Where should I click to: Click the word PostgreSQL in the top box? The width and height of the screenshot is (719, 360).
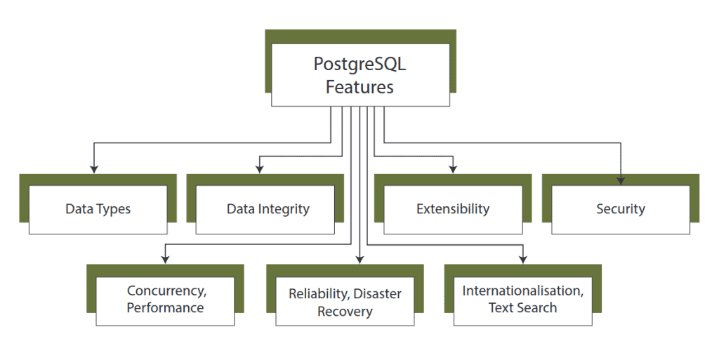coord(359,65)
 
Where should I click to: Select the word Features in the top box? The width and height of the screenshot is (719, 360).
coord(359,87)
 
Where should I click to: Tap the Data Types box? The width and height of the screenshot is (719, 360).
coord(98,209)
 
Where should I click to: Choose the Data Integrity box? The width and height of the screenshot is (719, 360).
coord(268,209)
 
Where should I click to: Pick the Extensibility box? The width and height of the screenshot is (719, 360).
coord(453,209)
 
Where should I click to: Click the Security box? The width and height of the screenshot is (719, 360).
coord(621,209)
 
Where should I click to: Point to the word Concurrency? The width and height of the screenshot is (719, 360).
coord(166,291)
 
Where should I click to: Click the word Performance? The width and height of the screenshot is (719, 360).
coord(166,308)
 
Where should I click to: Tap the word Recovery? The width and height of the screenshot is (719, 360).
coord(345,312)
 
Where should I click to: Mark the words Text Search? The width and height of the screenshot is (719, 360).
coord(522,308)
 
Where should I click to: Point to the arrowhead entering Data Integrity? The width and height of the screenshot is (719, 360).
coord(260,168)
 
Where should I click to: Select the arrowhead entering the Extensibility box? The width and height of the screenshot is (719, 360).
coord(454,168)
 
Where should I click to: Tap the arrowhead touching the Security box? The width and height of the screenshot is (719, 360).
coord(621,180)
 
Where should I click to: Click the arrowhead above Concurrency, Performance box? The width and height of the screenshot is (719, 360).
coord(165,259)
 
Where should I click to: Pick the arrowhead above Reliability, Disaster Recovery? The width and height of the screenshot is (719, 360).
coord(359,259)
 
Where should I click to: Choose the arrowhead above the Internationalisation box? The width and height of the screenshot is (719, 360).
coord(524,259)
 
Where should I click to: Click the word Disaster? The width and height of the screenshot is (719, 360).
coord(379,294)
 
